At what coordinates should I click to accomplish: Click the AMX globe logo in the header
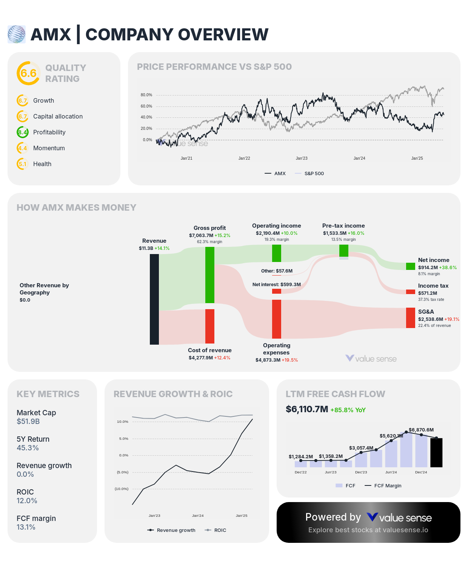coord(17,34)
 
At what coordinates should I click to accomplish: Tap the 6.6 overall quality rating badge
coord(28,73)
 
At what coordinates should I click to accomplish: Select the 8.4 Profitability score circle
coord(23,132)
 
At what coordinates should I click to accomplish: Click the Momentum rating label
coord(49,148)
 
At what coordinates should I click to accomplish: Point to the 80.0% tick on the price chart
coord(146,95)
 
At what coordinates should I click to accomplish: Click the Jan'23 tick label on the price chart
coord(302,158)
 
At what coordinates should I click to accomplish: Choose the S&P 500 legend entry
coord(314,174)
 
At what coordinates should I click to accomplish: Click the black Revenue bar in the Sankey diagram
coord(154,299)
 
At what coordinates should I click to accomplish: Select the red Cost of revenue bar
coord(210,326)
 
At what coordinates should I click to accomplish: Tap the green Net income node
coord(410,266)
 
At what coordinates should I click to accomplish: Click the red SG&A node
coord(410,318)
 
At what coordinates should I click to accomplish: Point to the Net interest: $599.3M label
coord(277,285)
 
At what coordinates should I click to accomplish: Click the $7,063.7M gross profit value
coord(201,236)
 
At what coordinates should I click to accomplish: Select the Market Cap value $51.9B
coord(28,421)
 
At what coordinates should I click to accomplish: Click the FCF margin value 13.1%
coord(26,527)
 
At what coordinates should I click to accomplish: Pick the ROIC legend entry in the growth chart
coord(220,530)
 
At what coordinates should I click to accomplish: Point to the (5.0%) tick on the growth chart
coord(123,472)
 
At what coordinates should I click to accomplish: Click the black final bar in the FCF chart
coord(436,453)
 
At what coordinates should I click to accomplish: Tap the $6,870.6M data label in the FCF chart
coord(421,430)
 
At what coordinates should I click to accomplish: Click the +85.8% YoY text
coord(348,410)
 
